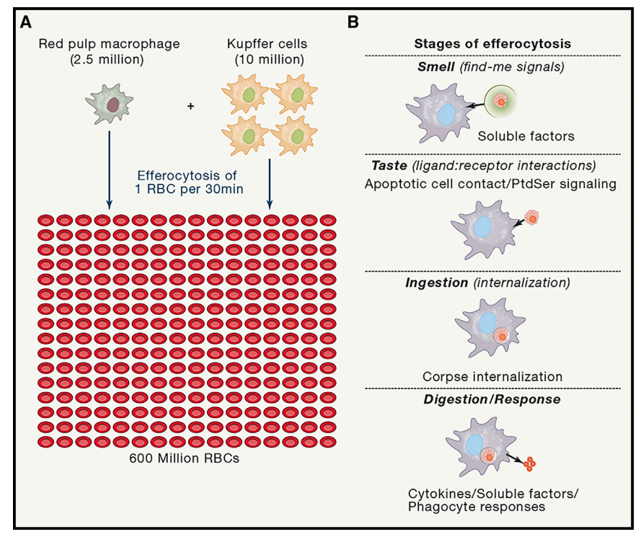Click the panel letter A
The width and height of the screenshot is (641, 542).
point(26,22)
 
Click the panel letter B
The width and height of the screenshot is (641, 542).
point(353,22)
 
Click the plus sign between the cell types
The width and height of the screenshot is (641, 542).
point(190,106)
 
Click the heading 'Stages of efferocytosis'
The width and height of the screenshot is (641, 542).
point(492,44)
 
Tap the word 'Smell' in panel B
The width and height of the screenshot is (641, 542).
point(432,67)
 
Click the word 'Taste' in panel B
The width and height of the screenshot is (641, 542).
point(390,166)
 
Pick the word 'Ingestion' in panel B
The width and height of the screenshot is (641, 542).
point(436,283)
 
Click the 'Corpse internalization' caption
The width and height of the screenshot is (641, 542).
point(492,376)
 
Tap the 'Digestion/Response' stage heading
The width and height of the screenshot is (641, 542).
point(492,399)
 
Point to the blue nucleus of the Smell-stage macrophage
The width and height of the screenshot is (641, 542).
point(447,112)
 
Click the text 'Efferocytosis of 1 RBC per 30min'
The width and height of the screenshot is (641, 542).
point(190,182)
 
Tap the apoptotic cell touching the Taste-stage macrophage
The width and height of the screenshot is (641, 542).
point(532,216)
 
